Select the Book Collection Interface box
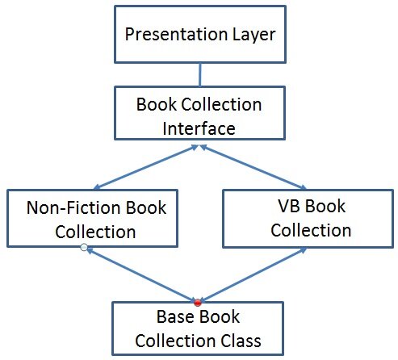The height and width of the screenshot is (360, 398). (x=199, y=117)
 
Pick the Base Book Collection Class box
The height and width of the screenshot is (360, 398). (x=198, y=325)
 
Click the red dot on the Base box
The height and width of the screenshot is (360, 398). (x=197, y=301)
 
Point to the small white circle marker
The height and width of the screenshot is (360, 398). (x=84, y=249)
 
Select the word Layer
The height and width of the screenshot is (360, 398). (x=250, y=36)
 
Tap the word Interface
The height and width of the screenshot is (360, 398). (x=199, y=129)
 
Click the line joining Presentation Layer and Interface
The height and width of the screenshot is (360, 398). (x=199, y=74)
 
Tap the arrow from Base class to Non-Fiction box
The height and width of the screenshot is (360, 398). (x=141, y=274)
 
